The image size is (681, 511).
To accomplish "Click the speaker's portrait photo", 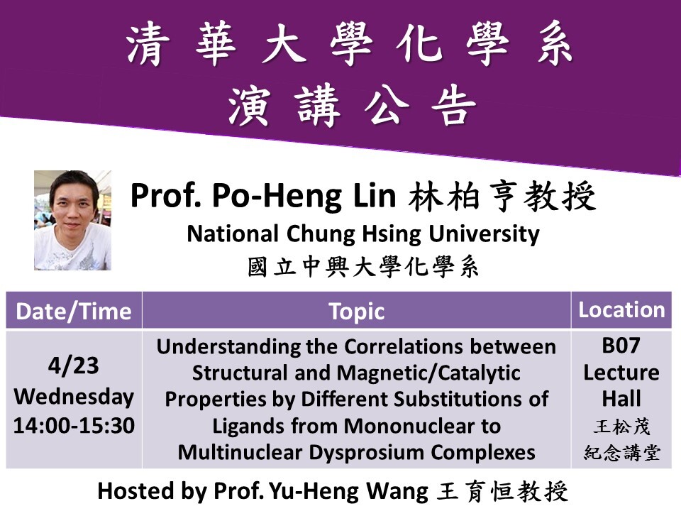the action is tap(72, 220).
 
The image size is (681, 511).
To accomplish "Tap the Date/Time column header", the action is tap(73, 312).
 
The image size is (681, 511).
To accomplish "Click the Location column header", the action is tap(621, 310).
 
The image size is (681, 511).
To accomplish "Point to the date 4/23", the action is tap(73, 366).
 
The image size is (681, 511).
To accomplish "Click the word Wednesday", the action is tap(74, 397).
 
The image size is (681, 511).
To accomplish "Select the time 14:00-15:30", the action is tap(74, 425).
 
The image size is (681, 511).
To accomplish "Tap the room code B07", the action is tap(621, 346).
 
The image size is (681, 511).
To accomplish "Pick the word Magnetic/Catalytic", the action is tap(428, 373).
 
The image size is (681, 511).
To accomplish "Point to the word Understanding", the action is tap(228, 348).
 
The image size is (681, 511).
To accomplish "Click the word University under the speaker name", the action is tap(484, 234).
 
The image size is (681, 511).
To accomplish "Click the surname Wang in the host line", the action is tap(397, 491).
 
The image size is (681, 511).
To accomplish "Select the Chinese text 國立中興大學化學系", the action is tap(363, 267).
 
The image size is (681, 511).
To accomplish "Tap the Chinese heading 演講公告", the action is tap(353, 106).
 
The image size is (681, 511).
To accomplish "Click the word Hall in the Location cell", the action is tap(621, 398).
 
